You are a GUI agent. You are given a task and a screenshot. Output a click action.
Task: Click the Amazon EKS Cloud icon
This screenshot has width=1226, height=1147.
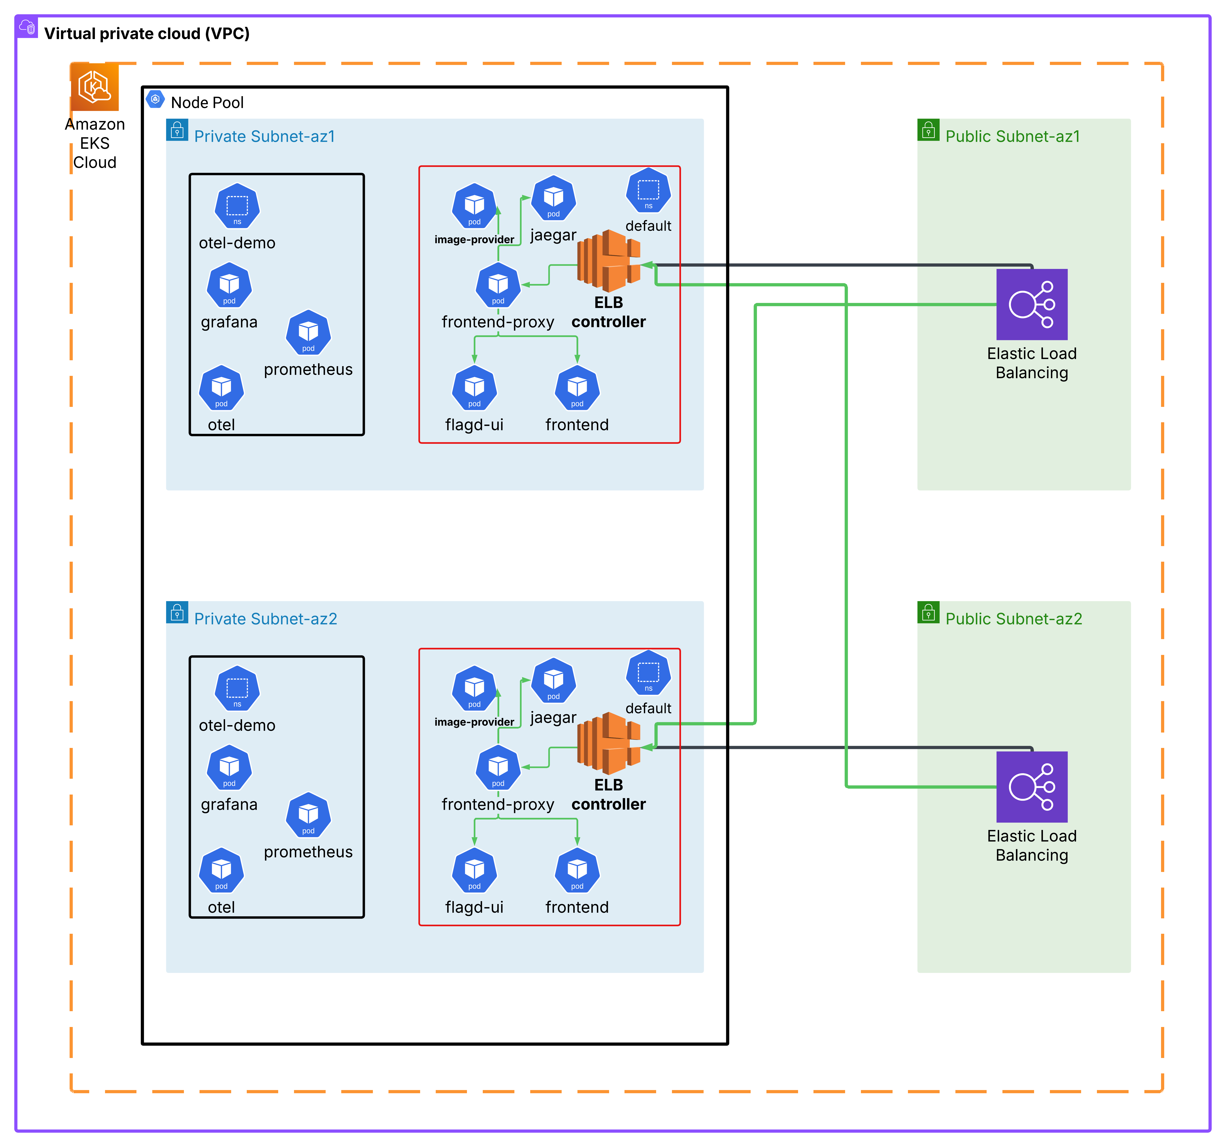click(x=94, y=87)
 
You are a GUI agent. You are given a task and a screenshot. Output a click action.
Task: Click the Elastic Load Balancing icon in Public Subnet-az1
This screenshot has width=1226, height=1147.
click(x=1032, y=304)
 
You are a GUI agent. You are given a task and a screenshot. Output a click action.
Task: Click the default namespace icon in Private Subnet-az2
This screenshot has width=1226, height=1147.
click(x=648, y=672)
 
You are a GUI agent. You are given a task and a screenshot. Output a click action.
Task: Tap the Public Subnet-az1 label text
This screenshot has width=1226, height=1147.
click(x=1013, y=136)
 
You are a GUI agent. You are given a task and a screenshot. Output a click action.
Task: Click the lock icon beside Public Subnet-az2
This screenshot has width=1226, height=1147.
click(x=928, y=612)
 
